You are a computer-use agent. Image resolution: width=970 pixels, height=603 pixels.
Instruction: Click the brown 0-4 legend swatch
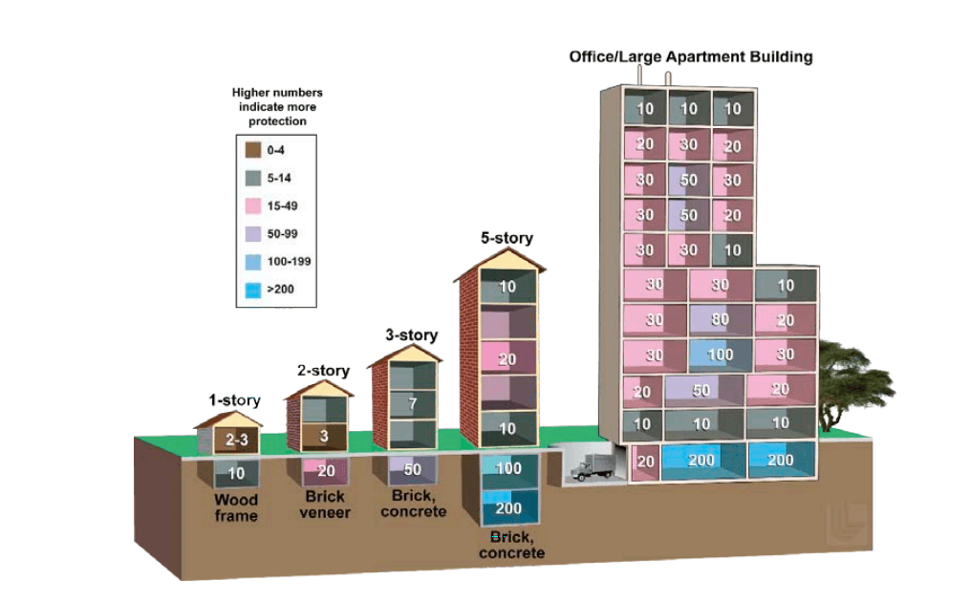[x=253, y=150]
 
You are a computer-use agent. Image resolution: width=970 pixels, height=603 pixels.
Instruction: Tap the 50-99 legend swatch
[x=253, y=232]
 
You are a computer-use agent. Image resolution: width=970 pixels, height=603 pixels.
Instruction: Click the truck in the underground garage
[x=593, y=465]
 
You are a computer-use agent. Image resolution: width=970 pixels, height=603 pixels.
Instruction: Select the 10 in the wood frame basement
[x=236, y=473]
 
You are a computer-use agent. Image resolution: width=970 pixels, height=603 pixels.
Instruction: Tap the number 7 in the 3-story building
[x=412, y=403]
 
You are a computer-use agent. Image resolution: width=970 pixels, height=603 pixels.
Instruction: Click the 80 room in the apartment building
[x=720, y=320]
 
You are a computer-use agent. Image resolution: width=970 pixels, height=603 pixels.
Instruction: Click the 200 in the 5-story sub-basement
[x=508, y=508]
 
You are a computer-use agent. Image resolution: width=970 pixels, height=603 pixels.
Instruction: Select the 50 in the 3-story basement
[x=413, y=469]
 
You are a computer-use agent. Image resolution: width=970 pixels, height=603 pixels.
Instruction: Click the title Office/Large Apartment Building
[x=690, y=56]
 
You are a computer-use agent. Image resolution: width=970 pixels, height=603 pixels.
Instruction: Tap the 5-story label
[x=507, y=238]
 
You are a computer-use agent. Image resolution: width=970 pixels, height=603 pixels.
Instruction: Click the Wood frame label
[x=236, y=507]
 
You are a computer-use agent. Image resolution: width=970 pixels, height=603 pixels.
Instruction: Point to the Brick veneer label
[x=325, y=505]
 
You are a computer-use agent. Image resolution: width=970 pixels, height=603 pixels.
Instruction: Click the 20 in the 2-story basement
[x=326, y=470]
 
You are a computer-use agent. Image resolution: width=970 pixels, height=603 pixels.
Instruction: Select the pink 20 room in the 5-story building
[x=507, y=358]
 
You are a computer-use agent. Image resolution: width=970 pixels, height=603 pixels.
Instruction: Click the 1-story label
[x=234, y=399]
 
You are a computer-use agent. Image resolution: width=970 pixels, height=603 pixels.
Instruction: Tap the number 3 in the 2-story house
[x=325, y=437]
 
